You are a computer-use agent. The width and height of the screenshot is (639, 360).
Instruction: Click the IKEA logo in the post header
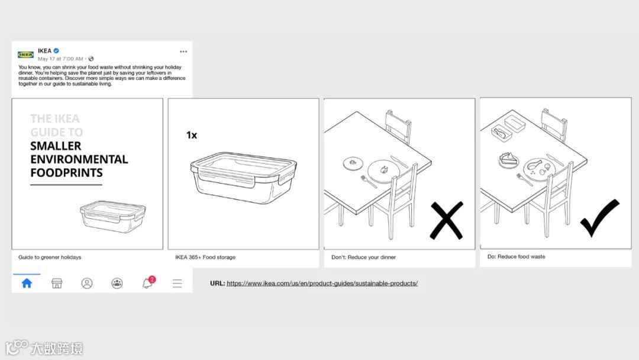(x=25, y=54)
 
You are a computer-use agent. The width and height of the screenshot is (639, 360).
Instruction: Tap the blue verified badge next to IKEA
(x=56, y=51)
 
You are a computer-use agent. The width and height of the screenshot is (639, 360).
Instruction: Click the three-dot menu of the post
(x=183, y=52)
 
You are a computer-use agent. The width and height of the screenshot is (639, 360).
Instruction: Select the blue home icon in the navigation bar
(x=27, y=284)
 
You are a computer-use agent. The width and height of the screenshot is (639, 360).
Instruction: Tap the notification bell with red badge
(x=148, y=282)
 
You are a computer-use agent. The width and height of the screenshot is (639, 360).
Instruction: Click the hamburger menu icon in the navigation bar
(x=177, y=284)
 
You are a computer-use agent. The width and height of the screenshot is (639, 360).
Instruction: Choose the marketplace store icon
(x=57, y=284)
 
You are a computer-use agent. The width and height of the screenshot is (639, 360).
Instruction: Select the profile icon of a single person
(x=87, y=284)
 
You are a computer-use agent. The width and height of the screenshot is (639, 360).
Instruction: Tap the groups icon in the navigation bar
(x=117, y=284)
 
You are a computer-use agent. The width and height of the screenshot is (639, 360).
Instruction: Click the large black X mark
(x=447, y=220)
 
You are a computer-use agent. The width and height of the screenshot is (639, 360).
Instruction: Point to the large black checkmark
(x=600, y=217)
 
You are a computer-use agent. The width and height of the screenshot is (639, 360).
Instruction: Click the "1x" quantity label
(x=192, y=135)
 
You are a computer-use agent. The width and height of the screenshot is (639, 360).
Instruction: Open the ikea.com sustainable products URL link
(x=322, y=284)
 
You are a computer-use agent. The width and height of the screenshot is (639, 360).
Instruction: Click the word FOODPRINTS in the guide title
(x=66, y=173)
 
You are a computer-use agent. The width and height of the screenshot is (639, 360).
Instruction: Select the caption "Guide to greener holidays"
(x=50, y=257)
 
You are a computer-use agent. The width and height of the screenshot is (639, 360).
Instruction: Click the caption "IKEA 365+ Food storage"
(x=205, y=257)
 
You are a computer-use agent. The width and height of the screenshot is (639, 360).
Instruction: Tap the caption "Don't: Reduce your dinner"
(x=363, y=257)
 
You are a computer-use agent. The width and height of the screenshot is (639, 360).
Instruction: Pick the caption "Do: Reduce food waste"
(x=517, y=257)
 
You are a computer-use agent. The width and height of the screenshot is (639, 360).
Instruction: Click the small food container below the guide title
(x=113, y=216)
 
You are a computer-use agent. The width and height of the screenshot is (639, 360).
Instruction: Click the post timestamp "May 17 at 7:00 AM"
(x=60, y=59)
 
